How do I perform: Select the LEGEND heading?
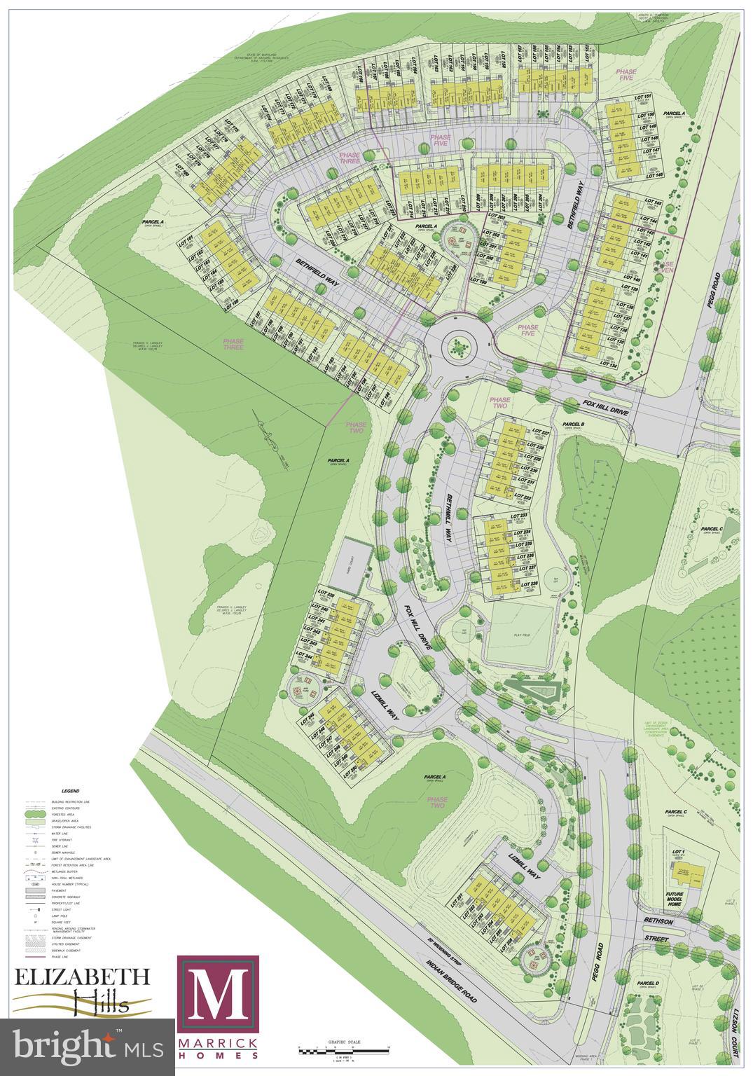[x=71, y=790]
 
